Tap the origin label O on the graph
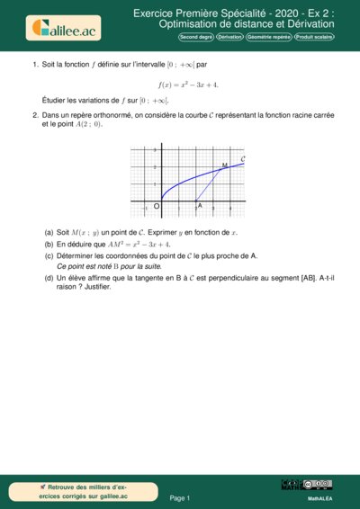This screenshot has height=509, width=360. (x=157, y=207)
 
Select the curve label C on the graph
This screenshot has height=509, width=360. (x=243, y=158)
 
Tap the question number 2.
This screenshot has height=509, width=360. (x=34, y=115)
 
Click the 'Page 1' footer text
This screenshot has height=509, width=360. (x=180, y=497)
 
